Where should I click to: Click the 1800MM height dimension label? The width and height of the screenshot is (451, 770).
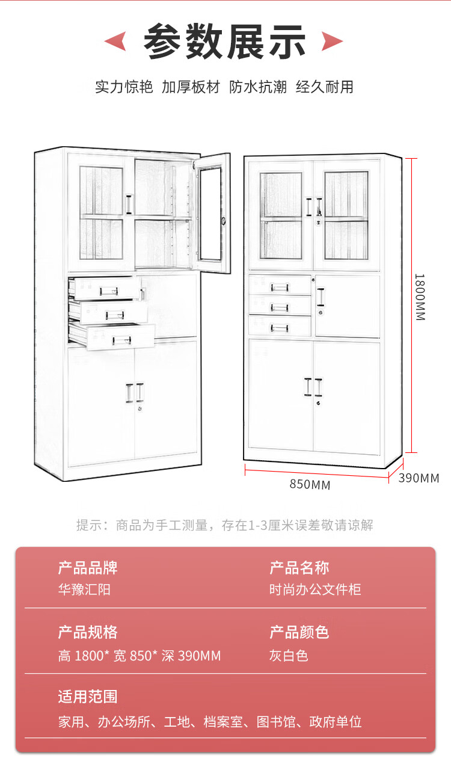point(420,297)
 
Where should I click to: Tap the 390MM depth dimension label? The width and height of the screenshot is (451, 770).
point(419,478)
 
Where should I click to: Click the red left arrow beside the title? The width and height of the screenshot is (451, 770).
point(115,42)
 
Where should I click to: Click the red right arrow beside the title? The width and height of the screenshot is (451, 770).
point(333,42)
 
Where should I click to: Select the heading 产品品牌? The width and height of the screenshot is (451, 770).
point(88,567)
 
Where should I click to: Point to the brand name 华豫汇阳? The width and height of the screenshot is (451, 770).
point(84,590)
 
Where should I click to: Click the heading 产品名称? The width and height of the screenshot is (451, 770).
point(299,567)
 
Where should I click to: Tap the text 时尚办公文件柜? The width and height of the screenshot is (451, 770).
point(315,590)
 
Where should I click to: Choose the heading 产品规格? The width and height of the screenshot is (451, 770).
point(88,632)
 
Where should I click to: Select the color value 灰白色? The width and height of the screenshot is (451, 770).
point(289,655)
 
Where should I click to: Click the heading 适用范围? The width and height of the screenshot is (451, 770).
point(88,697)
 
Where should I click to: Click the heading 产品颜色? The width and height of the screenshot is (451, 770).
point(299,632)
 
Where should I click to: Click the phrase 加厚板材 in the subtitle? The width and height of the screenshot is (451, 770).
point(191,87)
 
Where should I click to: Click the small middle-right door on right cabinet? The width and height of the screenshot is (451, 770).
point(347,306)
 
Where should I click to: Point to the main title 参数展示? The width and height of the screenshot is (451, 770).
point(225,42)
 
